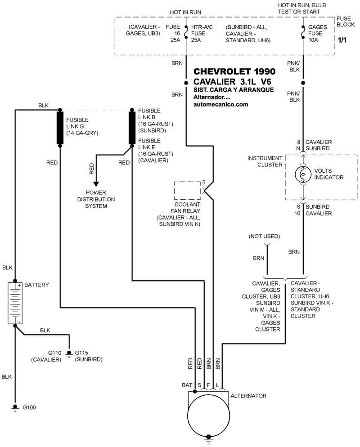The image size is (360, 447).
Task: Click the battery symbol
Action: (x=15, y=303)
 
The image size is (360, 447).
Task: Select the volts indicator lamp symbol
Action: (x=303, y=174)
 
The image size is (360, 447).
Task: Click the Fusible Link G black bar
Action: (x=59, y=128)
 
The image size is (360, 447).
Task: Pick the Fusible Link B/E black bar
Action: (x=132, y=128)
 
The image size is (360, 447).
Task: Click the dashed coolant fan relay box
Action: (x=188, y=191)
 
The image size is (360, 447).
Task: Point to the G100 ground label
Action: (x=29, y=408)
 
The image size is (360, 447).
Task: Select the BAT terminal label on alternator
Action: (x=187, y=385)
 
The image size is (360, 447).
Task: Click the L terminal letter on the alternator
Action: (x=218, y=385)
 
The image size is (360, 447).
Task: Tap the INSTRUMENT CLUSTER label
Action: (x=265, y=161)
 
